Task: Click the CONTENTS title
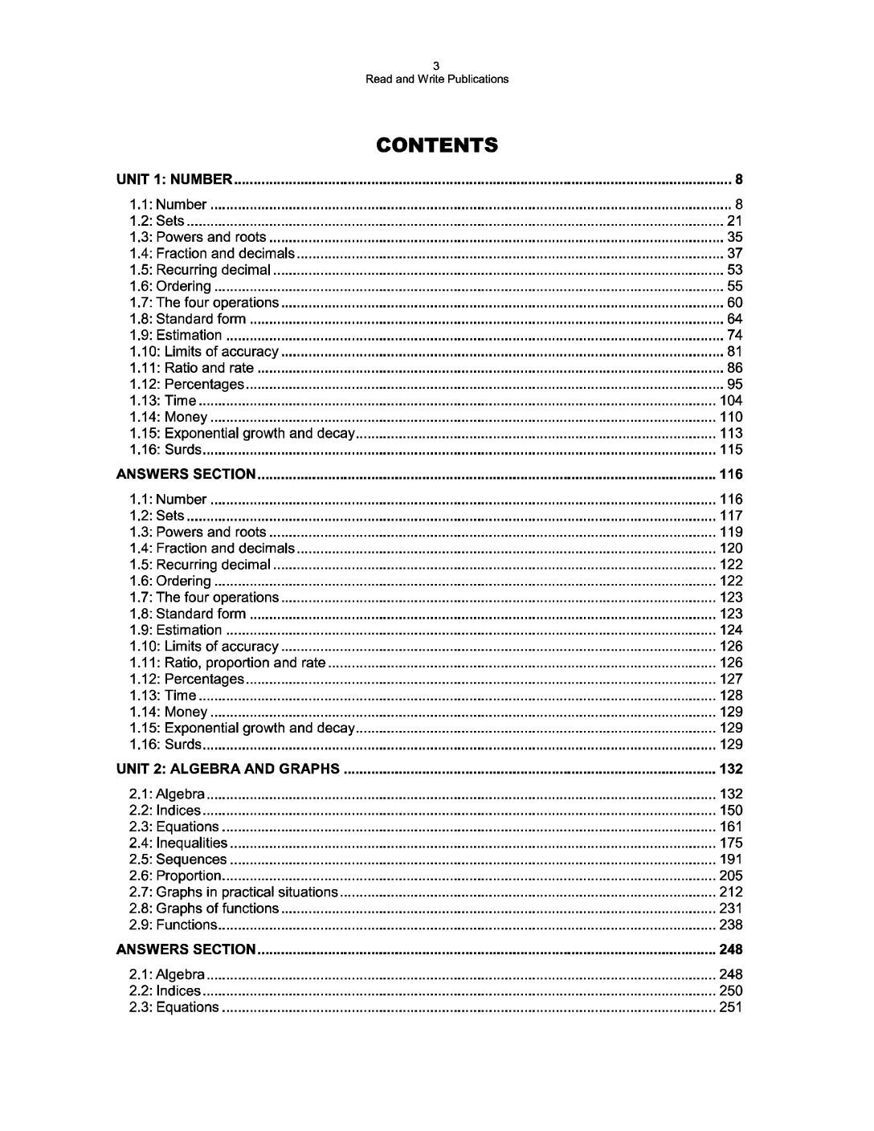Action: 437,145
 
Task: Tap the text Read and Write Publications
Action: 437,79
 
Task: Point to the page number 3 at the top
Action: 437,66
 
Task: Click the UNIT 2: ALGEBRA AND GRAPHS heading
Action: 228,769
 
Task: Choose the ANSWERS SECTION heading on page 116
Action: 186,474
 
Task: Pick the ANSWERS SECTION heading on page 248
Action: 186,949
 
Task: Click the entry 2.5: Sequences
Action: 178,859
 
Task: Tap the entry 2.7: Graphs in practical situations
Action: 233,892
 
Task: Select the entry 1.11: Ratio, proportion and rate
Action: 227,663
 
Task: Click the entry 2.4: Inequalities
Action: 178,843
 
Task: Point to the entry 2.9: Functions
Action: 173,925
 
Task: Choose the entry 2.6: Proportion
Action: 174,876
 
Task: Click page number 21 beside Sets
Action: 734,221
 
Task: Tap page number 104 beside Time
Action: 731,400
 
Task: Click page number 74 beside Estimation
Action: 734,335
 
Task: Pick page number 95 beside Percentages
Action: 734,384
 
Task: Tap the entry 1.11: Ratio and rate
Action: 191,368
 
